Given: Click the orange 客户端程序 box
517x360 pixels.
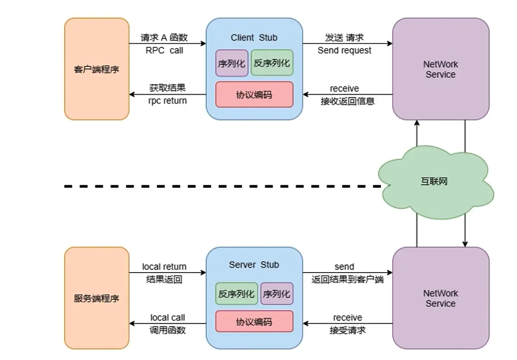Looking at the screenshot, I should [x=97, y=69].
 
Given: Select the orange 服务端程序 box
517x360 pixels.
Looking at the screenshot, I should [x=97, y=298].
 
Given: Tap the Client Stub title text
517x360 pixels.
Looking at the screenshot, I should [x=254, y=37].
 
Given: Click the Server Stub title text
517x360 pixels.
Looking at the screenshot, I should [x=254, y=265].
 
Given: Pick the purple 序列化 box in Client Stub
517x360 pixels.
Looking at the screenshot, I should [x=232, y=63].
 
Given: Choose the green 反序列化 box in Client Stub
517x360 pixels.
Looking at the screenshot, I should [x=271, y=63].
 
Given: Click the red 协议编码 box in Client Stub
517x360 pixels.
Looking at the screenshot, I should [x=254, y=94].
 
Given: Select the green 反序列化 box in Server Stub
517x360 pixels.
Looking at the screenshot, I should [x=237, y=294].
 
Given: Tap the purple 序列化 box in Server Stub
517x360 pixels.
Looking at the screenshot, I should [x=277, y=294].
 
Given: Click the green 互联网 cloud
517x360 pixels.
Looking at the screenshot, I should [x=435, y=181].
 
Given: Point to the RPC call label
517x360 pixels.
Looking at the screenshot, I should [x=164, y=50].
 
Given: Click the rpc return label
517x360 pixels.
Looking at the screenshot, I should [x=167, y=101].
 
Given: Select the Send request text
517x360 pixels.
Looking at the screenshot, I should [x=344, y=50].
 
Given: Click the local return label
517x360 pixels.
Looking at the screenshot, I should [x=164, y=267].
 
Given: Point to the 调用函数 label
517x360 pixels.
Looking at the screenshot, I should [x=168, y=330].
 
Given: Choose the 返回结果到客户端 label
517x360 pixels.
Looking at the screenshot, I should [x=348, y=279].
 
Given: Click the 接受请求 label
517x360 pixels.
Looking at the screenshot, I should [x=347, y=330].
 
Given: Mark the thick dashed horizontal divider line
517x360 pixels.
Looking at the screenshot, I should [x=215, y=186].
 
